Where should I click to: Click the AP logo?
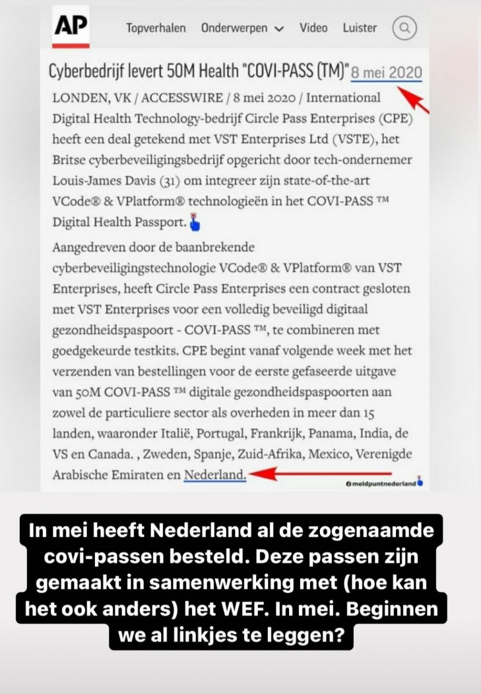[71, 27]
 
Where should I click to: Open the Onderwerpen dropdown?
[243, 28]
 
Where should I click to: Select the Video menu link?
[313, 28]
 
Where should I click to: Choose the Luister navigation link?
[359, 28]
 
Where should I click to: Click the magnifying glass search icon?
[405, 27]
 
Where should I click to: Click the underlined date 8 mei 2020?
[387, 73]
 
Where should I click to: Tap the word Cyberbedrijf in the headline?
[83, 73]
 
